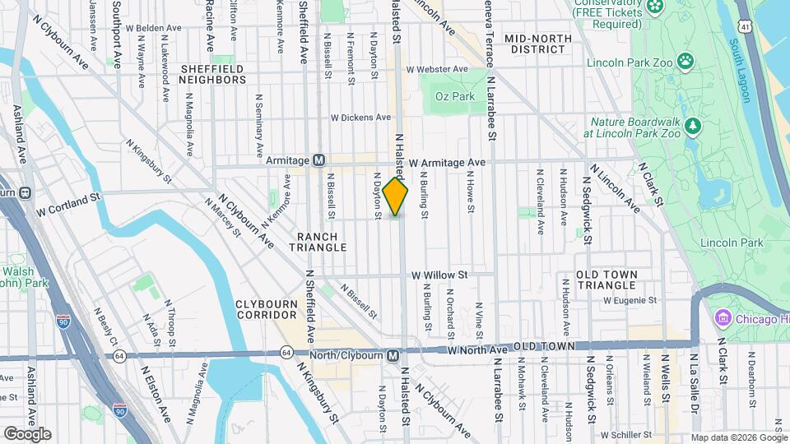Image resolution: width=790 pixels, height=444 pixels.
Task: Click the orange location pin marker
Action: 396,197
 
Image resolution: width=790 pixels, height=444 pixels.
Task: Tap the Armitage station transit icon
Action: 319,160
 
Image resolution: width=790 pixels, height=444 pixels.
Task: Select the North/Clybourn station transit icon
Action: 393,355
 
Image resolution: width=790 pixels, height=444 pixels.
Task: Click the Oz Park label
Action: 455,96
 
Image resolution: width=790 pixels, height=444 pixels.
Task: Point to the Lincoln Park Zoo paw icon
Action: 685,62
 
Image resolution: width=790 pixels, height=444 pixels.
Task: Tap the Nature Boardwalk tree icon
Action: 693,125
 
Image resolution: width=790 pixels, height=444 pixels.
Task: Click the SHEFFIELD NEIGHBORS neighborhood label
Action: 212,74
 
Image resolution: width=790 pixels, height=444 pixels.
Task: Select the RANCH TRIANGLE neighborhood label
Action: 313,242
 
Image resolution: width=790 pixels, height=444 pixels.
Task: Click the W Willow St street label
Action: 439,275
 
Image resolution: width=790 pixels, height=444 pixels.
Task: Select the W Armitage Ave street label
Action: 447,163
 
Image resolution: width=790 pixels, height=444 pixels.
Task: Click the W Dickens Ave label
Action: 360,117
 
